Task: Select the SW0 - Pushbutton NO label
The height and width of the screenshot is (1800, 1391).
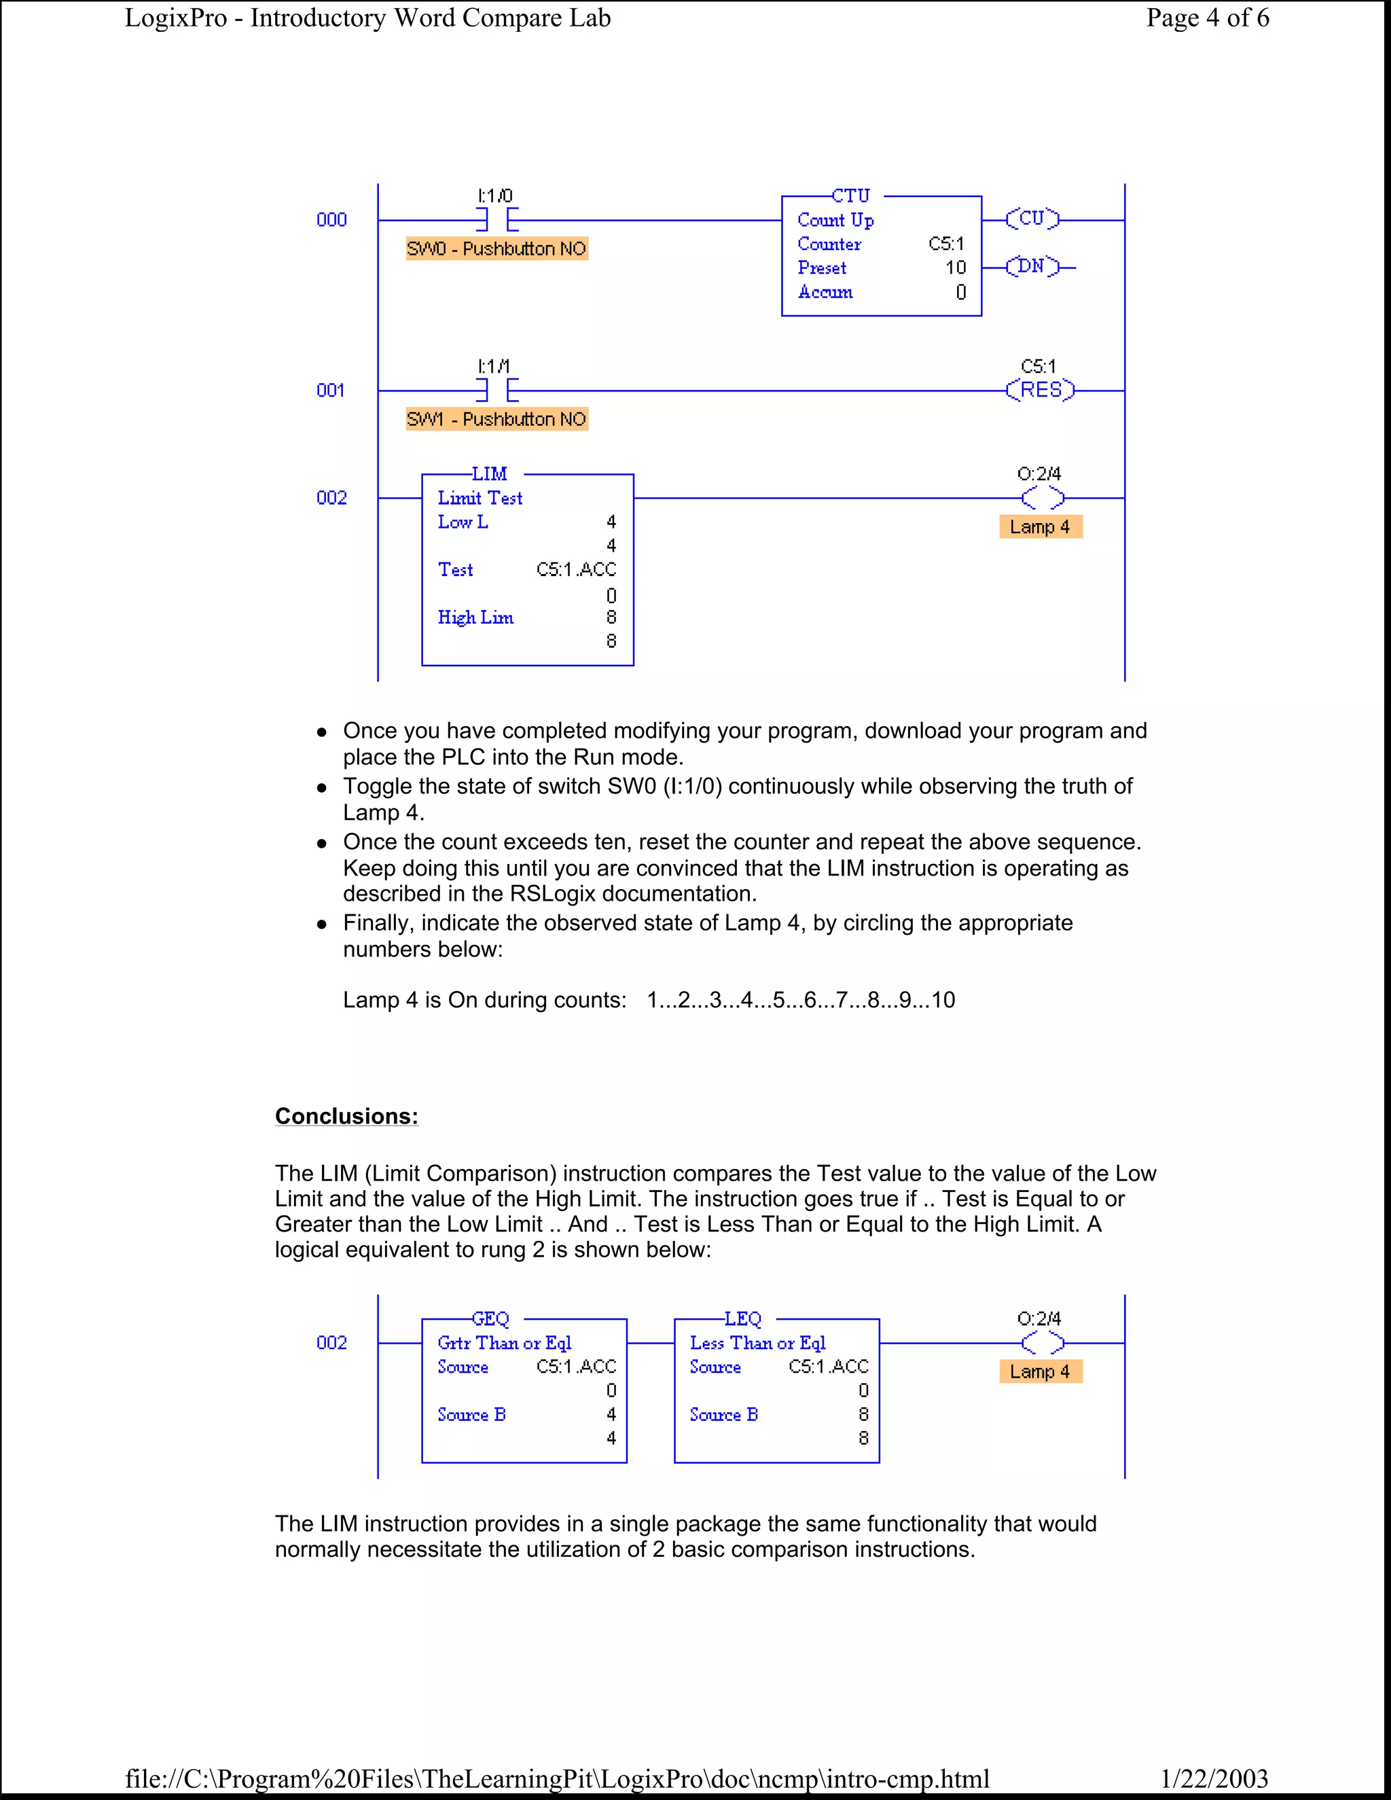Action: click(497, 249)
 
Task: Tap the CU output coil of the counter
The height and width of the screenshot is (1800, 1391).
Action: click(1032, 219)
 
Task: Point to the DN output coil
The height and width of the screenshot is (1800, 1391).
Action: click(1032, 266)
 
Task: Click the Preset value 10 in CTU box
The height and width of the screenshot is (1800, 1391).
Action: click(955, 268)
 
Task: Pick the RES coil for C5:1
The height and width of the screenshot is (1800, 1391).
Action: click(1041, 390)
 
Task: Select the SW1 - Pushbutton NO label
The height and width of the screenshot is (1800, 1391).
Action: click(497, 420)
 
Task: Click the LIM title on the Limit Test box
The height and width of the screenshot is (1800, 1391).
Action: click(490, 474)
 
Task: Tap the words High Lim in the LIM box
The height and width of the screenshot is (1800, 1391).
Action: click(475, 617)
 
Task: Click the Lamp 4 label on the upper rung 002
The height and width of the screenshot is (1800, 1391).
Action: click(1040, 526)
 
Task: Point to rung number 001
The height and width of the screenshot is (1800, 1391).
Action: click(331, 391)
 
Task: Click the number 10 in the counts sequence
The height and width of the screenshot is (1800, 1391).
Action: click(943, 1000)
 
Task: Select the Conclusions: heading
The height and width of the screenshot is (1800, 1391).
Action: click(346, 1116)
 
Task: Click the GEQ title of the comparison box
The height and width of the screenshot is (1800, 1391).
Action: click(490, 1318)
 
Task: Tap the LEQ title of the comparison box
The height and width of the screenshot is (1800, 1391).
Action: click(742, 1318)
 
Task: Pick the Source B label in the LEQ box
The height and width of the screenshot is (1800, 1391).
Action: click(723, 1414)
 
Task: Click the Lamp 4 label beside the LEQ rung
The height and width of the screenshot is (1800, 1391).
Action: click(1040, 1371)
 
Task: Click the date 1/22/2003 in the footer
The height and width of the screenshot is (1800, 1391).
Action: click(1214, 1778)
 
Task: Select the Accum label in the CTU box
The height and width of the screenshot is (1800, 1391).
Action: click(825, 292)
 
